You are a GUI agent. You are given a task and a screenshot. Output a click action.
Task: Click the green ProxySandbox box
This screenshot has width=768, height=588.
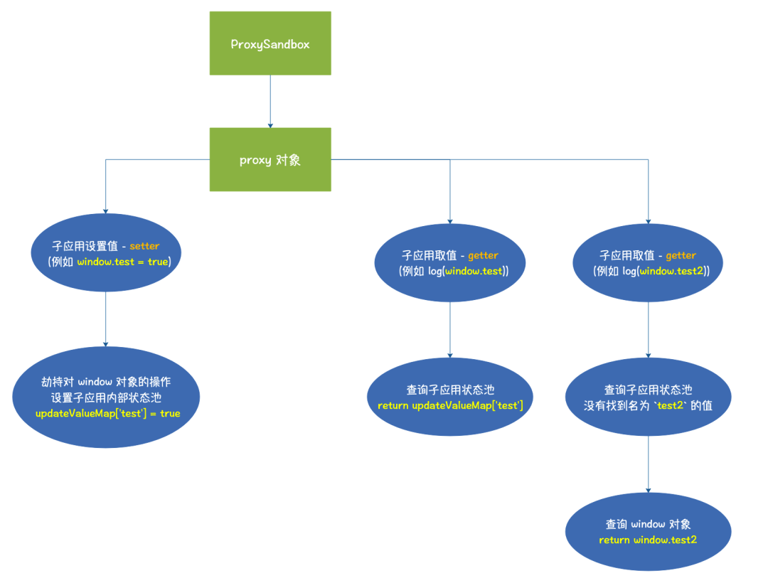pos(270,43)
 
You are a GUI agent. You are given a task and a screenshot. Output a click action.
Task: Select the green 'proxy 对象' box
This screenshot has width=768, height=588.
pos(270,160)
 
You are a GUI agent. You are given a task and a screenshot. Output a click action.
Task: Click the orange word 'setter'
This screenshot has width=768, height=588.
pos(144,246)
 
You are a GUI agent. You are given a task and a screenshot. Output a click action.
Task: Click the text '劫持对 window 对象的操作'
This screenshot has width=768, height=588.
pos(106,382)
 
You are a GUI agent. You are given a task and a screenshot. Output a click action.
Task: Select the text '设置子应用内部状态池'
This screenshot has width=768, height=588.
pos(106,397)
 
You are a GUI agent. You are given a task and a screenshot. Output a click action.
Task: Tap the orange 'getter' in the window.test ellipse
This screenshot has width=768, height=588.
pos(483,255)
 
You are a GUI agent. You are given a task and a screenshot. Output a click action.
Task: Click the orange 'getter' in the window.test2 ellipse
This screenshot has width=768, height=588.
pos(681,255)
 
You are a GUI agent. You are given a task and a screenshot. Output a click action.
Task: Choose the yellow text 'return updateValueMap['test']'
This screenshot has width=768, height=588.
pos(450,405)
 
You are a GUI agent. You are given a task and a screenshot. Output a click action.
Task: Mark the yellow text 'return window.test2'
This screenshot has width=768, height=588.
pos(648,540)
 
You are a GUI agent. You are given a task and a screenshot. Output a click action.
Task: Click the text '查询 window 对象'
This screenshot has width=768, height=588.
pos(648,524)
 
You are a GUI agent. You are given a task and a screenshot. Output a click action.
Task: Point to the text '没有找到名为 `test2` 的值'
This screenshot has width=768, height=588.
pos(648,405)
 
